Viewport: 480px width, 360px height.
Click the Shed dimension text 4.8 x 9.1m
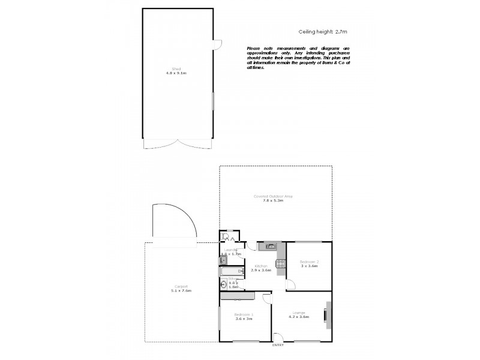(177, 73)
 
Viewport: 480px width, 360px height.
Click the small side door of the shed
(218, 44)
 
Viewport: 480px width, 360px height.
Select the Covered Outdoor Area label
(272, 196)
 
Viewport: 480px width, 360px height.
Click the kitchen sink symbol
(271, 245)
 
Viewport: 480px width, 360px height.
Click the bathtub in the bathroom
(230, 271)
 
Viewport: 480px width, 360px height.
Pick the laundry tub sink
(223, 260)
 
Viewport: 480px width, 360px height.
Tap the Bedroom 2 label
(309, 262)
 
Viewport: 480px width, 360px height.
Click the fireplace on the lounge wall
(326, 314)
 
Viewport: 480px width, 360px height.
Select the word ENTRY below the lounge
(277, 345)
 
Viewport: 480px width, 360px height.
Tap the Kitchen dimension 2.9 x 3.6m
(261, 270)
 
